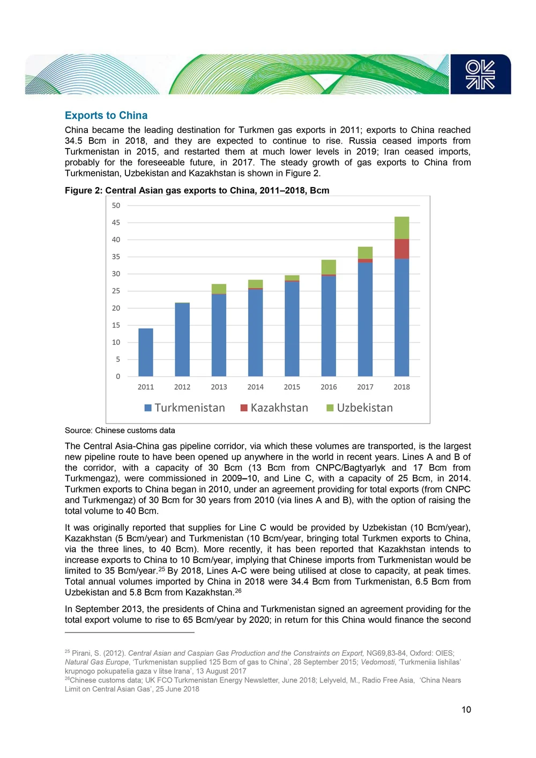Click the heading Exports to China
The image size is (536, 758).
click(x=106, y=115)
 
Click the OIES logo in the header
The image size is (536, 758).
click(x=480, y=75)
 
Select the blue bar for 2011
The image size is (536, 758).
click(x=146, y=352)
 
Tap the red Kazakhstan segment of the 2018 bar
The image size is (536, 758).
click(x=401, y=249)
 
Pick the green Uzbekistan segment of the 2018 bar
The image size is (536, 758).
click(x=401, y=228)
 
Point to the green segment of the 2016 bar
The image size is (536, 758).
click(x=329, y=267)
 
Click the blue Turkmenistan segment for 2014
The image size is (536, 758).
click(x=256, y=332)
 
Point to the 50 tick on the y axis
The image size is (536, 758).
click(x=116, y=205)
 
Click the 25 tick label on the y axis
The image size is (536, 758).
click(x=116, y=291)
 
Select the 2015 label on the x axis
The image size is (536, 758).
click(x=292, y=387)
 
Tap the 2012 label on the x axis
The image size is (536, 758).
click(x=182, y=387)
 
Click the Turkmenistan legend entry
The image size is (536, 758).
click(x=185, y=408)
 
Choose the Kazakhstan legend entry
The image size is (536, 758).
click(x=274, y=408)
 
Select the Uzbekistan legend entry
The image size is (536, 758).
click(x=360, y=408)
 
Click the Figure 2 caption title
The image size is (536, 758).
click(x=197, y=190)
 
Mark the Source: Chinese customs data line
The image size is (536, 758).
click(x=120, y=430)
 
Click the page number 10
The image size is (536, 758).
click(x=466, y=710)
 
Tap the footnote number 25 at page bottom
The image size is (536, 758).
click(x=68, y=652)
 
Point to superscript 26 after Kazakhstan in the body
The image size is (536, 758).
click(x=238, y=591)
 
